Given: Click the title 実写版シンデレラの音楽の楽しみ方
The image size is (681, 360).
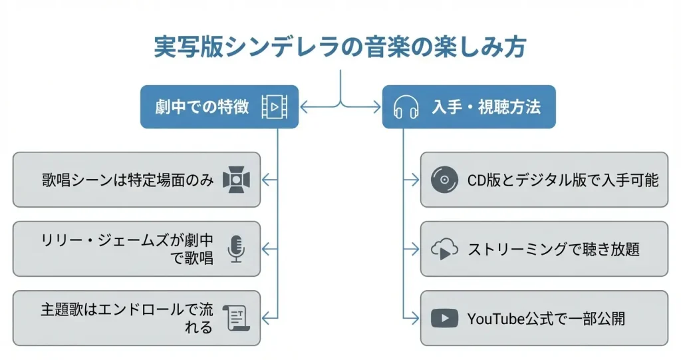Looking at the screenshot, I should (x=340, y=48).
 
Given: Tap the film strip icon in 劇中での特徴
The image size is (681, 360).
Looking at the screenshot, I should (x=274, y=106).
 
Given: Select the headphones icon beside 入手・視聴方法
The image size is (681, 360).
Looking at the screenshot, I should (x=406, y=106).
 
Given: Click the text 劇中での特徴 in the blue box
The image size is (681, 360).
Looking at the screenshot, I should (x=202, y=106).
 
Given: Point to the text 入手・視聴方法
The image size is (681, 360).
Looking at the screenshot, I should (x=486, y=106).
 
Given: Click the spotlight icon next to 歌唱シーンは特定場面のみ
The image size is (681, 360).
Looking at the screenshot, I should (x=235, y=179).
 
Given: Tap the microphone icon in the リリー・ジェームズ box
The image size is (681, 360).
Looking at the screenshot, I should (x=235, y=249).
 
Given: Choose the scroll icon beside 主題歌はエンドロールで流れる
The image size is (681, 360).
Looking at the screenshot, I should (x=235, y=318).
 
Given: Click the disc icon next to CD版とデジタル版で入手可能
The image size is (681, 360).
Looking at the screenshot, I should (x=444, y=179).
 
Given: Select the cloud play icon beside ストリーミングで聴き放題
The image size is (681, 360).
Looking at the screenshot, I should (x=444, y=249).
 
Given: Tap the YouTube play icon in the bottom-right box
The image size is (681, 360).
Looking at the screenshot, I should (x=444, y=318).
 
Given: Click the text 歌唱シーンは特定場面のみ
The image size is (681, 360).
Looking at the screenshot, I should (x=128, y=179).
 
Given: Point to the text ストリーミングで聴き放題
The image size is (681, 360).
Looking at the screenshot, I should (x=553, y=249).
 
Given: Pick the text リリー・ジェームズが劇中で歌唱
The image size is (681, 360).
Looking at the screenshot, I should (x=126, y=249).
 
